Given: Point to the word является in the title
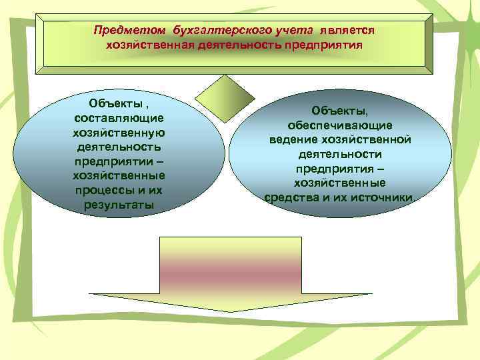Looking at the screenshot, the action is pos(347,31).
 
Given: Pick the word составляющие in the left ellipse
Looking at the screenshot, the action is pos(119,117).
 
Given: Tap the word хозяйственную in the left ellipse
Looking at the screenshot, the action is pos(119,131).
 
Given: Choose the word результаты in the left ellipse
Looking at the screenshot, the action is pos(119,204).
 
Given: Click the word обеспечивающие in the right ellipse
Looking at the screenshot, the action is pos(339,125).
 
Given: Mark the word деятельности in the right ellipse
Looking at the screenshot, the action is pos(339,154).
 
